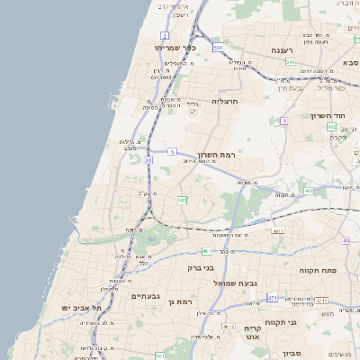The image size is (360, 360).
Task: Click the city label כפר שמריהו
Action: coord(175,48)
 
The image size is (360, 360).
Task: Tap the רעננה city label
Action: coord(286,50)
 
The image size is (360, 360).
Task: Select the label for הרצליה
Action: coord(225,102)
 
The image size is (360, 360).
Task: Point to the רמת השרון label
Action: coord(215,154)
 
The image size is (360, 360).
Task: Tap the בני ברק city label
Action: coord(200,267)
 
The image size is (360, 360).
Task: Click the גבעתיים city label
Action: coord(145,296)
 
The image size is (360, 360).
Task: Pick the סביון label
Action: coord(289,354)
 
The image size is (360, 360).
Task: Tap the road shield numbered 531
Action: coord(291,62)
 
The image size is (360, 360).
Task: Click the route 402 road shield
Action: coord(332,127)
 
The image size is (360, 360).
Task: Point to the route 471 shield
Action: coord(273,297)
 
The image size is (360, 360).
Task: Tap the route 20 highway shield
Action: coord(148,160)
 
